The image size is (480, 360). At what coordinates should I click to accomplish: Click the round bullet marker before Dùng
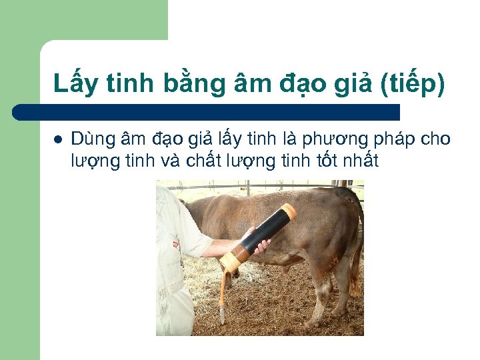(57, 140)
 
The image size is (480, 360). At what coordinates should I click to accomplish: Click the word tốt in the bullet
(336, 161)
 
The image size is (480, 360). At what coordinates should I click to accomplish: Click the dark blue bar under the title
(207, 112)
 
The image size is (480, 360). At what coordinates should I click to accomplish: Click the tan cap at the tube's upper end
(289, 213)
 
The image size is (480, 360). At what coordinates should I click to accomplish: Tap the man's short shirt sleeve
(194, 233)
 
